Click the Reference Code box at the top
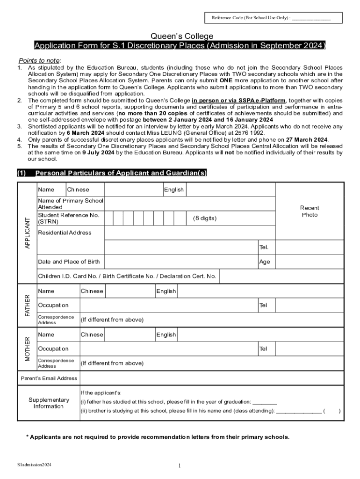click(x=274, y=18)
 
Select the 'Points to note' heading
click(x=40, y=61)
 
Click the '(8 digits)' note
click(x=205, y=218)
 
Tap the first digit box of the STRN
click(x=108, y=218)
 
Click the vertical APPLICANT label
click(x=27, y=232)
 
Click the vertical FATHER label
click(x=27, y=305)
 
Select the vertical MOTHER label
click(x=27, y=348)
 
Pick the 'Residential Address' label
click(x=65, y=233)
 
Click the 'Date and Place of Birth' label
click(x=68, y=262)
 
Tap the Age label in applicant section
click(x=265, y=262)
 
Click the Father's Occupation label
click(x=53, y=305)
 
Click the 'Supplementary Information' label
click(x=49, y=403)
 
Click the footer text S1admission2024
click(x=34, y=465)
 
